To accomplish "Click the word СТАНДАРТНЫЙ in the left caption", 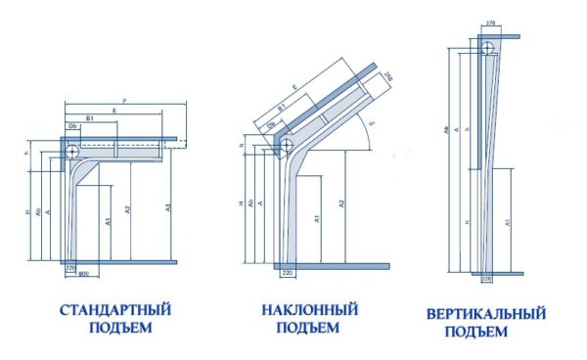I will [x=115, y=310].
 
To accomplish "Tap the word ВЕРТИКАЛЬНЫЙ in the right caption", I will [x=485, y=315].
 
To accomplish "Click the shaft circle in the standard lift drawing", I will [x=72, y=150].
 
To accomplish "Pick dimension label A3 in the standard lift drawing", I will [x=167, y=208].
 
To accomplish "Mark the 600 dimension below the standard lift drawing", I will [x=84, y=270].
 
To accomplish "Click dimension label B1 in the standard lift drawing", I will [x=91, y=118].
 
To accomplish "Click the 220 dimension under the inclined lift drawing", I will [x=289, y=272].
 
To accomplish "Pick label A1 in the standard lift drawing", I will [x=105, y=219].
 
